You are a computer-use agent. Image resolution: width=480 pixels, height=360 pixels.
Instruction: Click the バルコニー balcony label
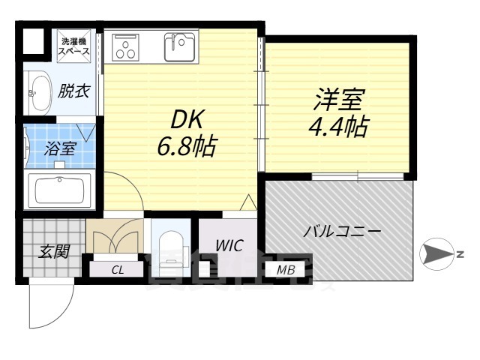point(342,232)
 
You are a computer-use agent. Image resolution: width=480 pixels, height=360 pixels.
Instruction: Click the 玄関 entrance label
point(54,251)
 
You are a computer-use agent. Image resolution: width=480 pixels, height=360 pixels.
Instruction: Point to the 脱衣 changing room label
point(73,91)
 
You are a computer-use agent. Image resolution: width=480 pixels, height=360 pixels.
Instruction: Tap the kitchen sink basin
point(181,48)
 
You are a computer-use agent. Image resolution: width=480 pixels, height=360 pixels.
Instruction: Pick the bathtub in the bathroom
point(59,190)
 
